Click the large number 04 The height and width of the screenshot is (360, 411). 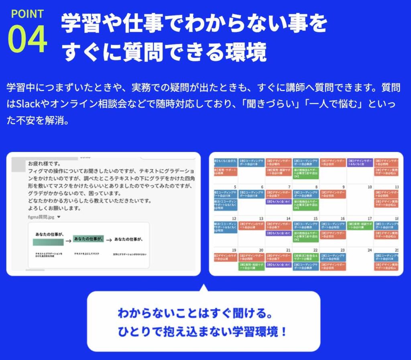pyautogui.click(x=27, y=40)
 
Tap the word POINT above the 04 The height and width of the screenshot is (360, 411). pyautogui.click(x=27, y=14)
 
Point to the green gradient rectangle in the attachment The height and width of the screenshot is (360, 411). pyautogui.click(x=48, y=242)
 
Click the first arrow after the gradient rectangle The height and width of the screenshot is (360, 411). pyautogui.click(x=68, y=241)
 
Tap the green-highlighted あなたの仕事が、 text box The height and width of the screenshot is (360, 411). pyautogui.click(x=89, y=239)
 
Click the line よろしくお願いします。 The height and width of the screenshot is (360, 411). pyautogui.click(x=55, y=208)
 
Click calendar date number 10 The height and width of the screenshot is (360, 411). pyautogui.click(x=370, y=187)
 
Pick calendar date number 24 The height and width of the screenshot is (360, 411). pyautogui.click(x=370, y=250)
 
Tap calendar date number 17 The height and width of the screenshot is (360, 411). pyautogui.click(x=370, y=218)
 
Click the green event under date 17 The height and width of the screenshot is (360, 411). pyautogui.click(x=360, y=225)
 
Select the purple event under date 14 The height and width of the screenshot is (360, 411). pyautogui.click(x=278, y=233)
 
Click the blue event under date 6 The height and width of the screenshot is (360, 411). pyautogui.click(x=251, y=194)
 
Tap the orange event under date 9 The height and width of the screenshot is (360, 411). pyautogui.click(x=333, y=194)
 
